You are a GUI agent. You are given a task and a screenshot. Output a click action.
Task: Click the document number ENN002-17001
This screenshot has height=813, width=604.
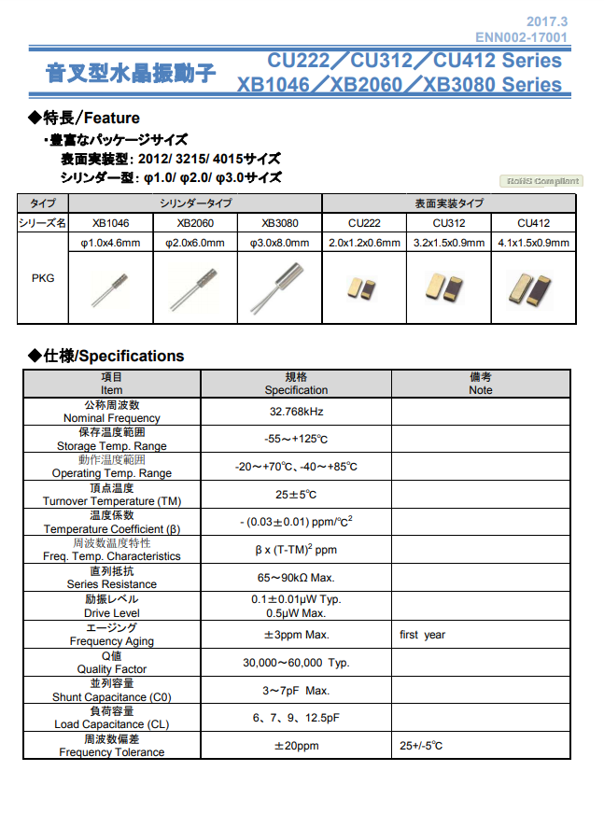[x=521, y=37]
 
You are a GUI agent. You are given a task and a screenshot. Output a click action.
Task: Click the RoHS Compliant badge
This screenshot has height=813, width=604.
[x=541, y=181]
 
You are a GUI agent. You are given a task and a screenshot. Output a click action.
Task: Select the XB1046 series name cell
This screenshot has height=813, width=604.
[x=110, y=223]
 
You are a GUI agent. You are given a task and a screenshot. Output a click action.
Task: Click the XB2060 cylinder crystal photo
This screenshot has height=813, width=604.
[x=194, y=287]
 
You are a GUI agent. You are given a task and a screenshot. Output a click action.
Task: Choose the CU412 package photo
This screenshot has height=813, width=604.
[x=532, y=287]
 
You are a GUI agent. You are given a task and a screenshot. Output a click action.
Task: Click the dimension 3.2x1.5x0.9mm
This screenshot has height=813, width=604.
[x=448, y=244]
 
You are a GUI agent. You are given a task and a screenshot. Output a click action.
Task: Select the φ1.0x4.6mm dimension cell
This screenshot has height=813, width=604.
[x=110, y=244]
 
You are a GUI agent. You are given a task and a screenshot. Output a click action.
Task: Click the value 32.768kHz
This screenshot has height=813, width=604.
[x=295, y=412]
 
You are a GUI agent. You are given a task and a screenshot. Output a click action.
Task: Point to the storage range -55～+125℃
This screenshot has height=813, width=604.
[x=295, y=440]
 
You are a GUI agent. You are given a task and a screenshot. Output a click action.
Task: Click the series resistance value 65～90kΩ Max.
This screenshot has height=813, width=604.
[x=295, y=578]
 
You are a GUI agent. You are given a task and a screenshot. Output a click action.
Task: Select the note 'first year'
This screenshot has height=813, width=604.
[x=422, y=635]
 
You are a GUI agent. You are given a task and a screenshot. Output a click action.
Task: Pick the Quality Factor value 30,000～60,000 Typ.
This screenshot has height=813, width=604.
[x=295, y=663]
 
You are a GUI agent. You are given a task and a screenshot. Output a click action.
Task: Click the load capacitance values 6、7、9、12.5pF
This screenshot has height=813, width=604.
[x=295, y=718]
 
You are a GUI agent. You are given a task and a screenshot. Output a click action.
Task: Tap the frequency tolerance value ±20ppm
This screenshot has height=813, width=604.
[x=295, y=746]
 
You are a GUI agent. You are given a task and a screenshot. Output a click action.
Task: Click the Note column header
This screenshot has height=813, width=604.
[x=480, y=384]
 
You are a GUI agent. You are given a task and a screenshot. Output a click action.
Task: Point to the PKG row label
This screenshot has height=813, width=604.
[x=43, y=278]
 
